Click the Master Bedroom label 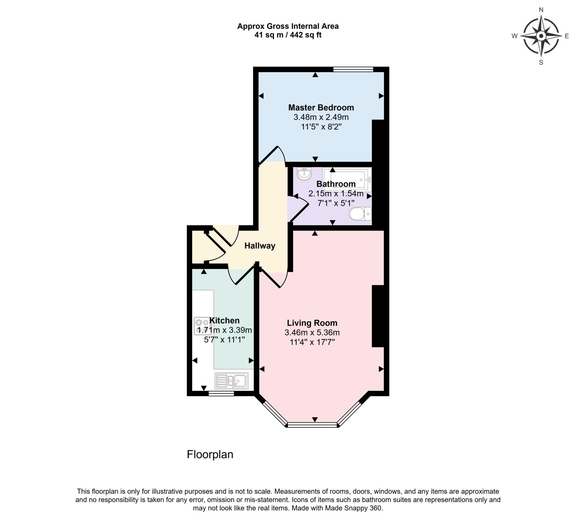[321, 108]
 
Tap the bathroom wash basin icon [304, 174]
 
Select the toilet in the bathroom [360, 214]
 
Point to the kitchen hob [202, 326]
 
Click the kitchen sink [232, 381]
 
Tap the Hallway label [260, 246]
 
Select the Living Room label [312, 323]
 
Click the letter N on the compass [541, 10]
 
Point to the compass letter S [541, 62]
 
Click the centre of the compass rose [541, 36]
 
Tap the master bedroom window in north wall [353, 69]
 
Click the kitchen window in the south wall [221, 394]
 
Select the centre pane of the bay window [312, 425]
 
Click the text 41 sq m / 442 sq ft [288, 35]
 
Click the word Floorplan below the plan [210, 454]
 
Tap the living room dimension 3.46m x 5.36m [312, 332]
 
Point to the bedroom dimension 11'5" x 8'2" [321, 127]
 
